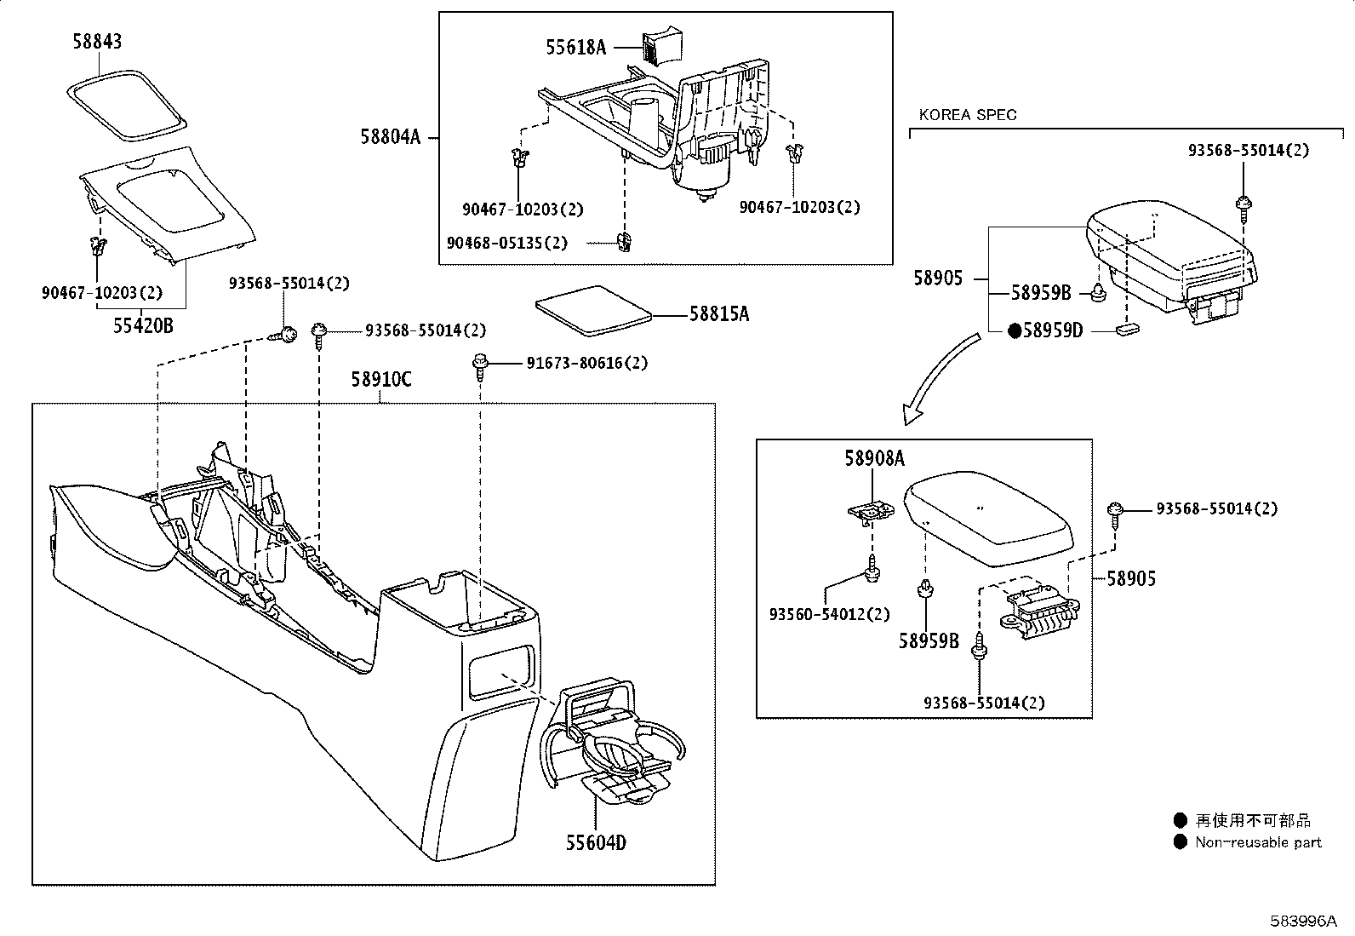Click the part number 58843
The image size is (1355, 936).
click(97, 42)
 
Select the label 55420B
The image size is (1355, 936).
click(144, 324)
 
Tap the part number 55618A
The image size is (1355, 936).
click(576, 48)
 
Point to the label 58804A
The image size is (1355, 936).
click(390, 136)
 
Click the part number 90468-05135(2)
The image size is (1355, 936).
click(506, 243)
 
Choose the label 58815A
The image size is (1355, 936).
click(719, 314)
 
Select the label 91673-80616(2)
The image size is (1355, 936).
click(586, 363)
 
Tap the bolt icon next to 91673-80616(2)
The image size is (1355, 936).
click(480, 365)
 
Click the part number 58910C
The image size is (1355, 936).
click(380, 380)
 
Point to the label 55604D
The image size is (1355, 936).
click(596, 842)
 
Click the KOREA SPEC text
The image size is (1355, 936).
click(968, 115)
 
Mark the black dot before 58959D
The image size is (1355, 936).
click(1014, 331)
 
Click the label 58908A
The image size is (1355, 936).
click(874, 459)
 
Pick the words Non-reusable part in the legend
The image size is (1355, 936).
click(1258, 842)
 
